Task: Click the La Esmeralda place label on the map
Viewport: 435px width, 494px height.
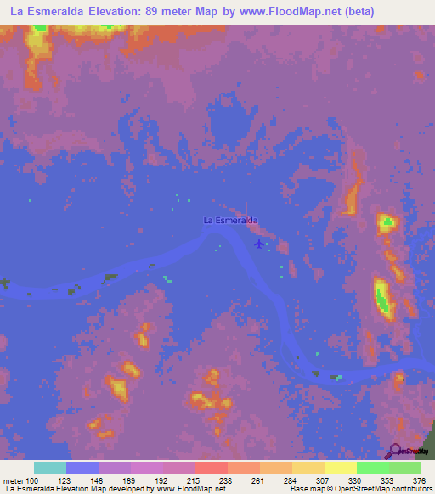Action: (230, 221)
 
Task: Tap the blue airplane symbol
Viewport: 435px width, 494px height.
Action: (258, 244)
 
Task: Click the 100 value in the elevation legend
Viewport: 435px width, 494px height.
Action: (31, 481)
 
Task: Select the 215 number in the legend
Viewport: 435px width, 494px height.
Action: (195, 481)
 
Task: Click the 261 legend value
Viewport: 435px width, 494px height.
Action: (259, 481)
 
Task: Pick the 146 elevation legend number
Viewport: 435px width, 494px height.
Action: (97, 481)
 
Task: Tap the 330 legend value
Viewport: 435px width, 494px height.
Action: (356, 481)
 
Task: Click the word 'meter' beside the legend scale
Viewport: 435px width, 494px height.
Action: (13, 481)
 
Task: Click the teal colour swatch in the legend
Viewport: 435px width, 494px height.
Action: (50, 468)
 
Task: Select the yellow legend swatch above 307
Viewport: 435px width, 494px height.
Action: (308, 468)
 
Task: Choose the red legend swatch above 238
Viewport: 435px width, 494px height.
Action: (211, 468)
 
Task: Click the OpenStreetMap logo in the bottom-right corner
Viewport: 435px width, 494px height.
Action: (409, 451)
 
